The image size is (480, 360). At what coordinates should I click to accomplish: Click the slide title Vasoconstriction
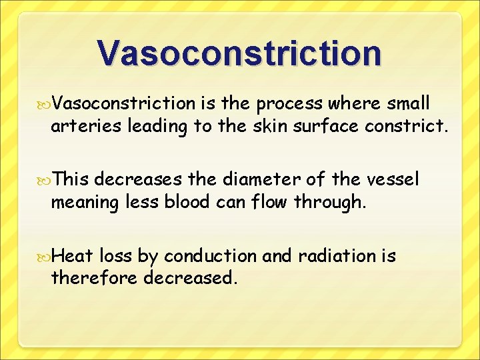[239, 53]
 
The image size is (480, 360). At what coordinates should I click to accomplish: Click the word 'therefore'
[93, 277]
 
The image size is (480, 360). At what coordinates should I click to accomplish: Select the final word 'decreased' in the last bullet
[189, 277]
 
